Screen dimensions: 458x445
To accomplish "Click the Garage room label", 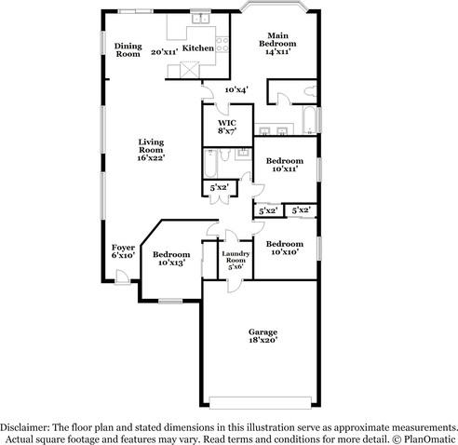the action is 263,332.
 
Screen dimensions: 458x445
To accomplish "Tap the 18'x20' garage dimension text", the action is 263,340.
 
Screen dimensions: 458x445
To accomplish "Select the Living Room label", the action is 151,146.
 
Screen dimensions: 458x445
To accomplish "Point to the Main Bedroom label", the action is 277,39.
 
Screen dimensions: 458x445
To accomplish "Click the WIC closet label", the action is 227,123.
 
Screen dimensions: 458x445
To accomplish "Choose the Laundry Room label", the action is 236,257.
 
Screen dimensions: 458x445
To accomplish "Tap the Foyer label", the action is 123,248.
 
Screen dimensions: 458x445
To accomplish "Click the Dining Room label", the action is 128,50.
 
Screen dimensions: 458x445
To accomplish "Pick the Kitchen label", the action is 198,48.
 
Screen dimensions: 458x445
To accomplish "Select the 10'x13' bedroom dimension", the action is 172,263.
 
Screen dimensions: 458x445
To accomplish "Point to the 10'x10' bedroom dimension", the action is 285,252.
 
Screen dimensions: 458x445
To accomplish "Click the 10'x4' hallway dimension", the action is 236,90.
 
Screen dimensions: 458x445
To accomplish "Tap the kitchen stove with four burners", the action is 222,45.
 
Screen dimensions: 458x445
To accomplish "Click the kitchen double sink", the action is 201,19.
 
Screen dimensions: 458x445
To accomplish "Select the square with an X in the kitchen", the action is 190,70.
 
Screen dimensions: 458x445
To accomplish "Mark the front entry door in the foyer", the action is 122,277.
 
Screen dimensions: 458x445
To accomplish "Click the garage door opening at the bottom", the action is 260,402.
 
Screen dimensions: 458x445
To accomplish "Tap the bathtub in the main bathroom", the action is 309,120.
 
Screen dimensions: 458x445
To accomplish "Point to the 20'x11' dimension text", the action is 165,52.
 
